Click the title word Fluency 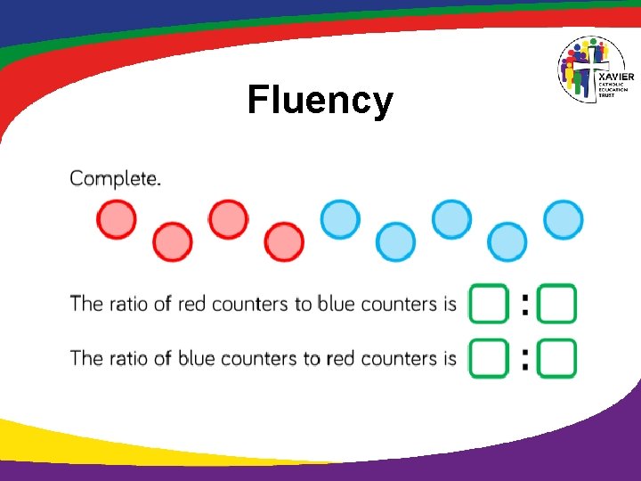(320, 100)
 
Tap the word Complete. (116, 178)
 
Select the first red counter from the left (117, 220)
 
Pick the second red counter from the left (173, 241)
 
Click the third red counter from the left (229, 220)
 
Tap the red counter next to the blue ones (284, 241)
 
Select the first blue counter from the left (340, 220)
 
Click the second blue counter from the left (395, 241)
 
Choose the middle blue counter (451, 220)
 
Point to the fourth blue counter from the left (507, 241)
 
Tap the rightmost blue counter (563, 220)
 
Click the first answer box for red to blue (489, 304)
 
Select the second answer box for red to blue (558, 304)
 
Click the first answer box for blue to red (489, 359)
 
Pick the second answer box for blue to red (558, 359)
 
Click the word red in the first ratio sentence (191, 305)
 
